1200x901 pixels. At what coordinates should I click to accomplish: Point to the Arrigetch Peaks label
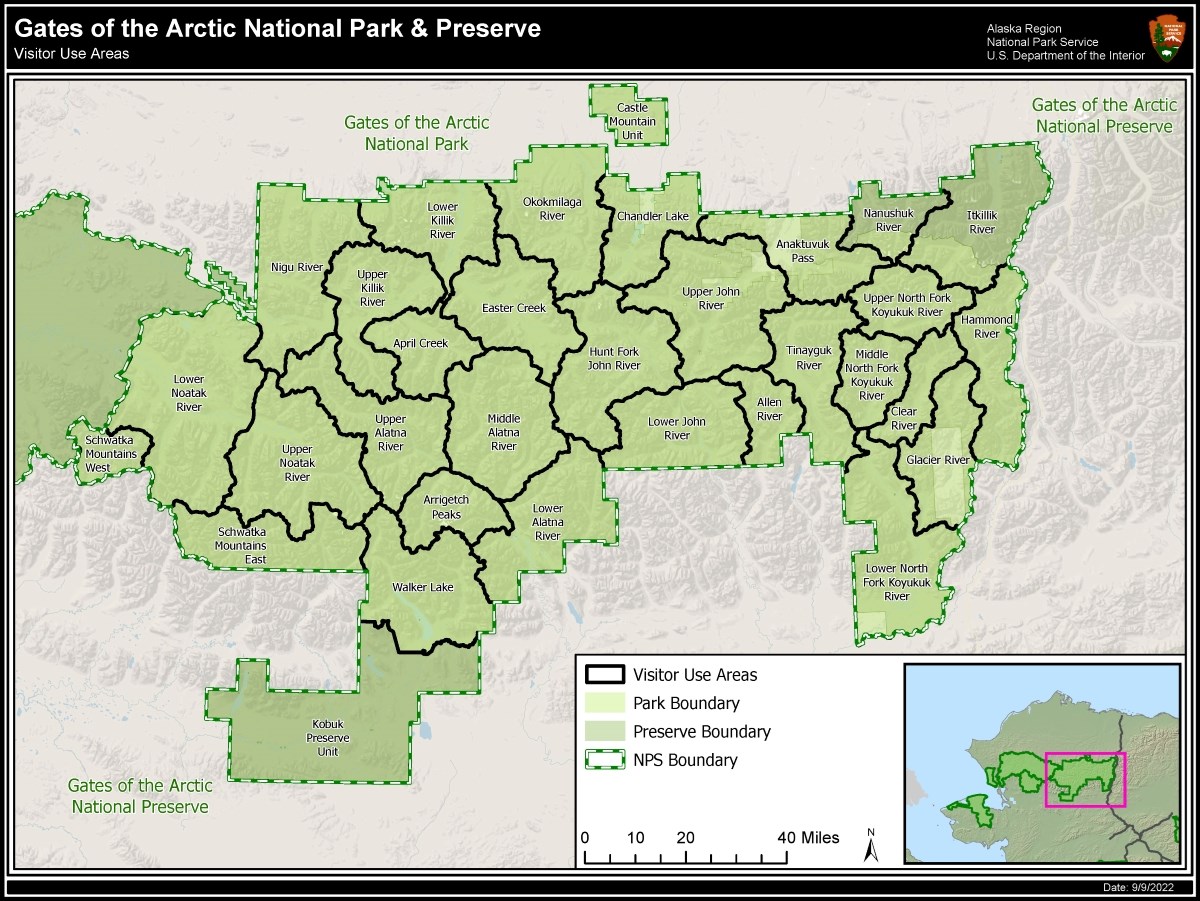tap(446, 507)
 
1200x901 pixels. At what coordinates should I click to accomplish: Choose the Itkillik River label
tap(982, 222)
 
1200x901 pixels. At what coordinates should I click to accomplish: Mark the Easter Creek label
tap(514, 308)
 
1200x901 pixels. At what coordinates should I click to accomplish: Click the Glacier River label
tap(938, 460)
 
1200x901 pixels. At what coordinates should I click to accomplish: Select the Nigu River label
tap(297, 267)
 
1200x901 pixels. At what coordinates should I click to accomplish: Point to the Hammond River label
tap(987, 327)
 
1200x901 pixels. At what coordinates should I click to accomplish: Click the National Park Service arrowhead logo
tap(1166, 39)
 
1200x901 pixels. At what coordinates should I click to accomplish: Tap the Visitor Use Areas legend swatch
tap(606, 675)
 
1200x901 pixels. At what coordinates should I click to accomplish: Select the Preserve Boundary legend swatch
tap(606, 731)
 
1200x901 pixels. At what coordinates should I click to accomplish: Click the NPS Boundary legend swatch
tap(606, 760)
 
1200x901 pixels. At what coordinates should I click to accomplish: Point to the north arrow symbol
tap(871, 846)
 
